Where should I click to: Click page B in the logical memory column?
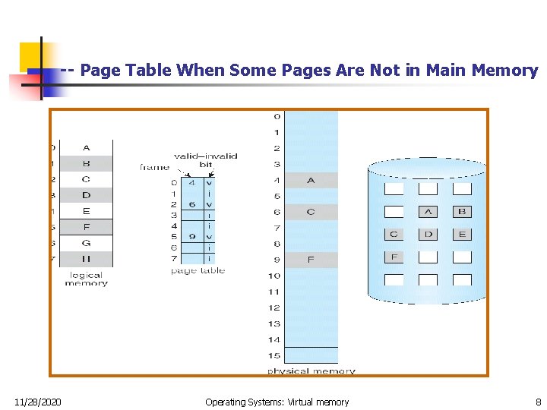click(86, 163)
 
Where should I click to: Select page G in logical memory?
click(86, 243)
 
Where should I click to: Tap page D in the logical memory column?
click(86, 195)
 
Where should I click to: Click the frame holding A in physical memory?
click(311, 181)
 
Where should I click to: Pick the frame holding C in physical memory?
click(311, 212)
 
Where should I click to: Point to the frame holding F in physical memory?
click(311, 260)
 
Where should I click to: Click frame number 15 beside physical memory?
click(274, 355)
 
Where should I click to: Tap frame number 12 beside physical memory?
click(274, 307)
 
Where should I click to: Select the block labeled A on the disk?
click(428, 212)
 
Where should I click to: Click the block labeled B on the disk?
click(462, 212)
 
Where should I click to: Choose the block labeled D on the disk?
click(428, 235)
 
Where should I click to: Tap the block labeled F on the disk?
click(394, 257)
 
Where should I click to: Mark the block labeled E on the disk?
click(462, 235)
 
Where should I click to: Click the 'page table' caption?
click(198, 270)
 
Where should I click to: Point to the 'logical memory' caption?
click(86, 279)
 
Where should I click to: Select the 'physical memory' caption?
click(311, 371)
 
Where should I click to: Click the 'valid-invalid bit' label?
click(205, 159)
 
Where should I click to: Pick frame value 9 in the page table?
click(193, 236)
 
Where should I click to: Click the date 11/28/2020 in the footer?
click(39, 402)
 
